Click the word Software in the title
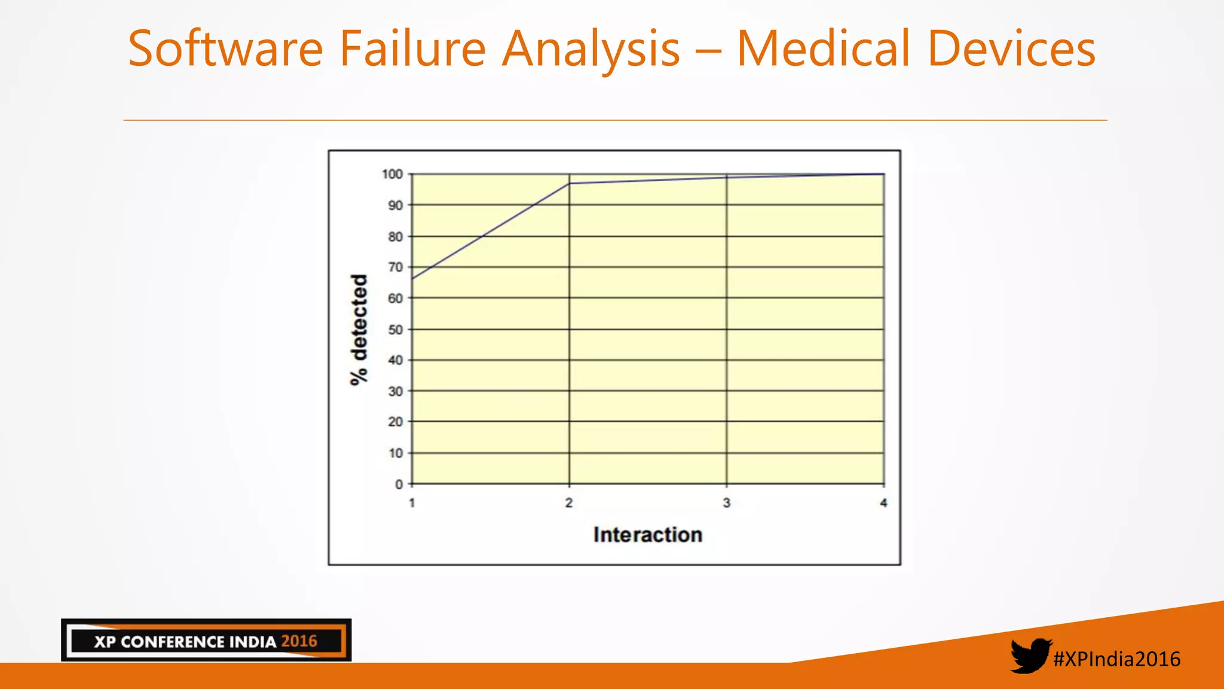click(x=225, y=48)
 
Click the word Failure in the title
click(x=413, y=48)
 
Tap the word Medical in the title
click(x=824, y=48)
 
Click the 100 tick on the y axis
click(x=393, y=174)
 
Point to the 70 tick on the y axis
click(x=396, y=267)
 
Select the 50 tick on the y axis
click(x=396, y=330)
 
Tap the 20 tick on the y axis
click(x=396, y=422)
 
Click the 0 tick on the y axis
click(x=399, y=484)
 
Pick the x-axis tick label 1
click(x=412, y=503)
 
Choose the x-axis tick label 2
click(x=569, y=503)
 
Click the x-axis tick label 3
click(x=727, y=503)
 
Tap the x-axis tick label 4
click(x=883, y=503)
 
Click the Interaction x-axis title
click(x=648, y=535)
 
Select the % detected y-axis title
click(x=359, y=330)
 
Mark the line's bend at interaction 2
click(x=569, y=184)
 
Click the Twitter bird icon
click(x=1030, y=656)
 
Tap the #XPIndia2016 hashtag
click(x=1116, y=659)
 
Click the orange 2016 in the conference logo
click(x=299, y=641)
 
